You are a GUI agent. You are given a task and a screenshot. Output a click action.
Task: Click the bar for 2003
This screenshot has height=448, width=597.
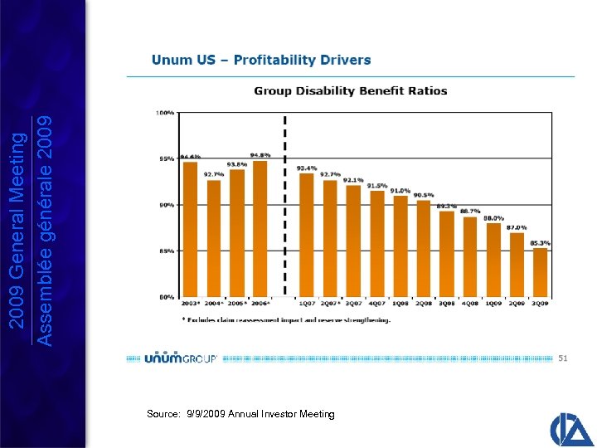click(x=190, y=228)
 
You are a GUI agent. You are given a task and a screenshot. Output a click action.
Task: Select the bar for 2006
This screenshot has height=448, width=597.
click(x=260, y=228)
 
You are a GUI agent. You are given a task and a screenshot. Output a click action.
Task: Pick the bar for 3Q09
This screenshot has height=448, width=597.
click(x=541, y=271)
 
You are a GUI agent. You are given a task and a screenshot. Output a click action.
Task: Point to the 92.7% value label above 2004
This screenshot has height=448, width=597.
click(x=214, y=174)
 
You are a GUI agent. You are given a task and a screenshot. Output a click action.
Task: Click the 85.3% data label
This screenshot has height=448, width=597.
click(x=541, y=243)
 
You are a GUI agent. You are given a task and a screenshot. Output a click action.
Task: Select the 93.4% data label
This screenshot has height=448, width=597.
click(x=307, y=168)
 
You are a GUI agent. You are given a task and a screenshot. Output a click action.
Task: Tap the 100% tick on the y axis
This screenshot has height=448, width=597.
click(x=166, y=112)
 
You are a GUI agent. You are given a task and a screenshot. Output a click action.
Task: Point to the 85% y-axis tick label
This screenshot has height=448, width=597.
click(x=166, y=250)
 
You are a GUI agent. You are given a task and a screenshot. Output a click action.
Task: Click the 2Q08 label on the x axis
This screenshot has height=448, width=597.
click(x=423, y=304)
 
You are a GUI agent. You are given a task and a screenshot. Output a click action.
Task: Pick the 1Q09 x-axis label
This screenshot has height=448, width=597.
click(x=493, y=304)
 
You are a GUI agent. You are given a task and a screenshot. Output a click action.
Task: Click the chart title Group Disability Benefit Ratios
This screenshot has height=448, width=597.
click(x=350, y=91)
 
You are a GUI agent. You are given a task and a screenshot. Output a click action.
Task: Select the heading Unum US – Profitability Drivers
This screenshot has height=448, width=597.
click(x=261, y=60)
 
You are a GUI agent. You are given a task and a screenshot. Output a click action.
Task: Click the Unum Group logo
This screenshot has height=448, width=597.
click(x=180, y=358)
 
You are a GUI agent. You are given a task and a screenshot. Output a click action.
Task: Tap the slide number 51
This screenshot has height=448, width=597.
click(x=563, y=358)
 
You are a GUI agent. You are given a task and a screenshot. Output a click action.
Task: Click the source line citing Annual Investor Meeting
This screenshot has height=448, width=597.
click(x=240, y=413)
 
